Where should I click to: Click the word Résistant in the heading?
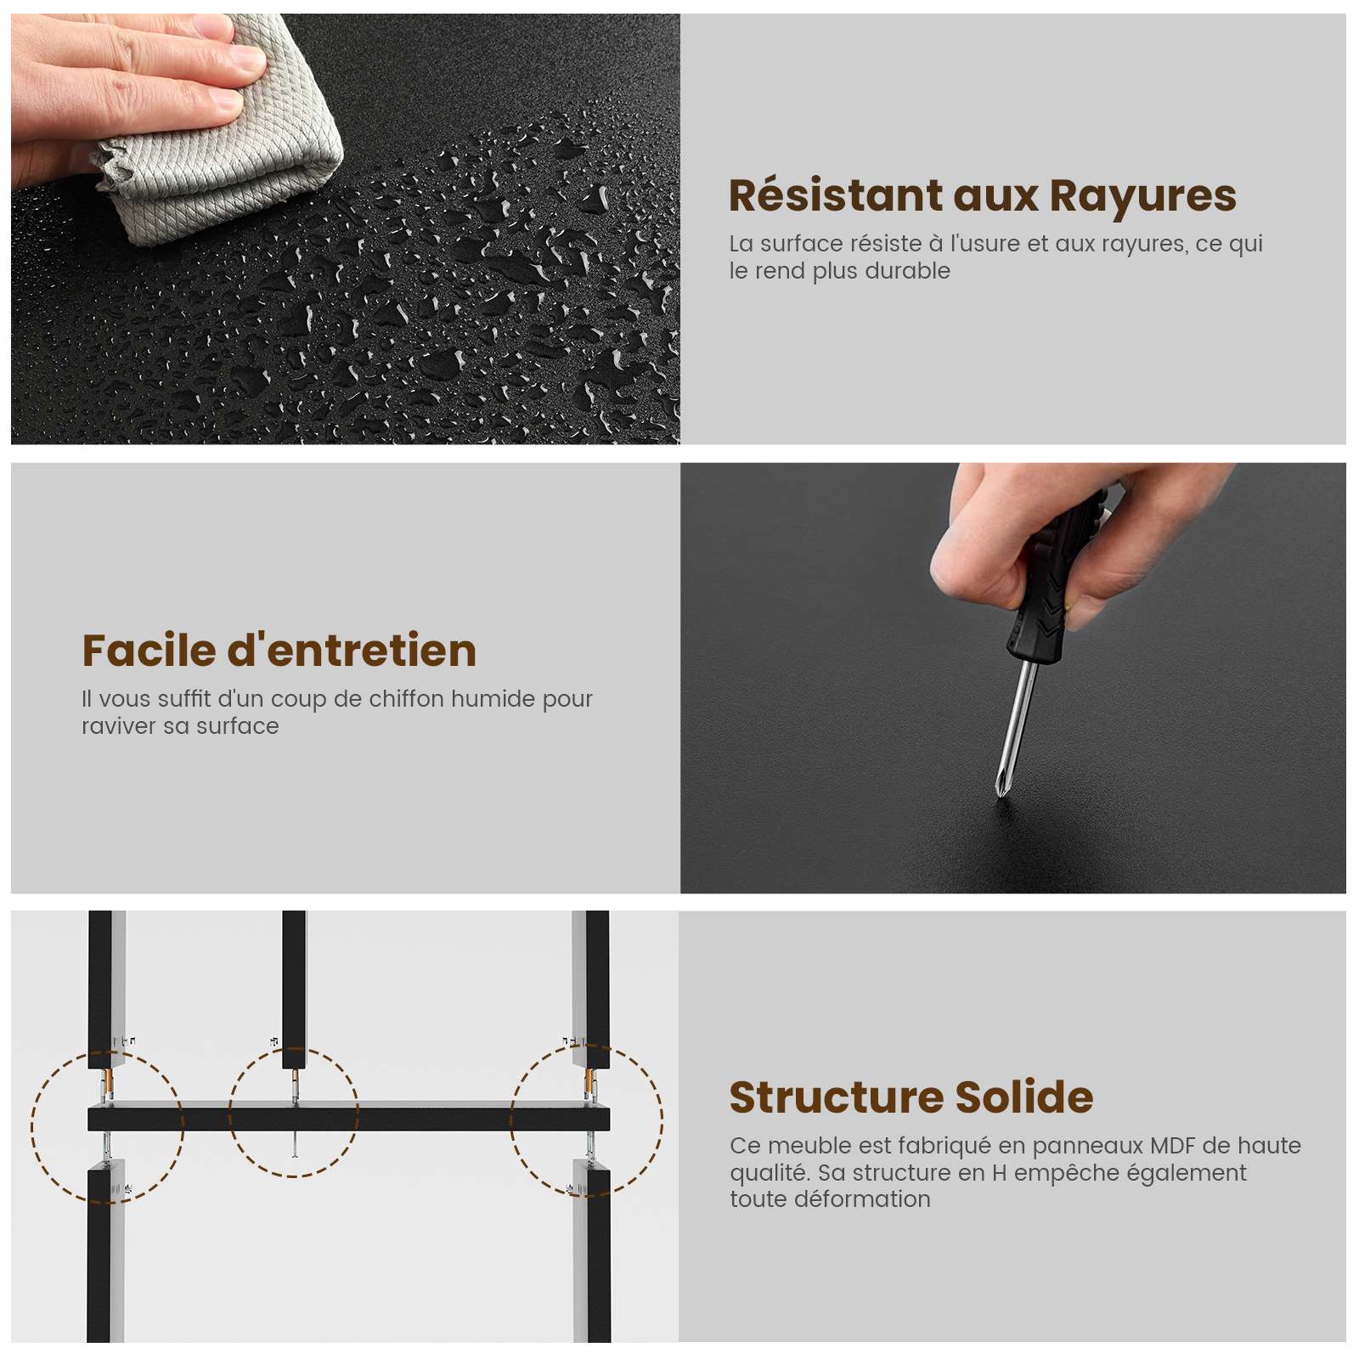click(836, 196)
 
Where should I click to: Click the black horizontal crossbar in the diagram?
click(349, 1119)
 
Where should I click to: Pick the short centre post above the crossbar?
click(294, 990)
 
